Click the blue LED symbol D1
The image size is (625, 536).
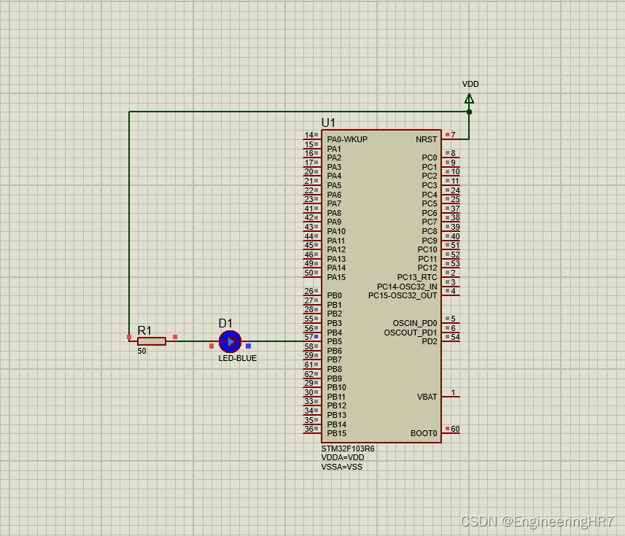point(230,341)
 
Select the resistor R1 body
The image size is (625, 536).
point(152,341)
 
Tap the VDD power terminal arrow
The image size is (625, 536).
point(469,98)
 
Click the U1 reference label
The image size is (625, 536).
point(329,123)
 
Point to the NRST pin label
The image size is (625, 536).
point(427,139)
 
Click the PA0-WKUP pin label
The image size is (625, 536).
point(347,139)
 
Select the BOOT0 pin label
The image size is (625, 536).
point(424,433)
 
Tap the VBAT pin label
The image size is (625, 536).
point(427,397)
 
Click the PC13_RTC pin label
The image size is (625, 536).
point(417,277)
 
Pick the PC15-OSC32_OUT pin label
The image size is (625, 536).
point(403,295)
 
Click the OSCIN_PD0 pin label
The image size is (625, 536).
point(415,323)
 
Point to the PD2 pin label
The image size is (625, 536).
point(430,341)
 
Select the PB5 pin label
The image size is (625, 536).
point(335,341)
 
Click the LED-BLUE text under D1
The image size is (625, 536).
point(238,358)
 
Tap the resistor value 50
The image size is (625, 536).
point(141,351)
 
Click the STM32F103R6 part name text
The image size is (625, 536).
point(348,448)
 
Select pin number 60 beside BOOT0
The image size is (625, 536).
point(455,429)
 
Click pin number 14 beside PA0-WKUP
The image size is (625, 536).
point(308,135)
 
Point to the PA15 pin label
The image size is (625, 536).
point(336,277)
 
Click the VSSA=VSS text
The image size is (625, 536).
point(341,467)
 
